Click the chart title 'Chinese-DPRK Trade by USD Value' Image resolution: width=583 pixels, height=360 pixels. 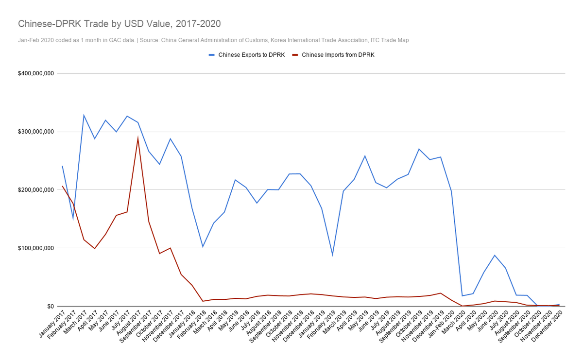[x=119, y=23]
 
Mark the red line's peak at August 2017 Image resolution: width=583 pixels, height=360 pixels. [x=138, y=138]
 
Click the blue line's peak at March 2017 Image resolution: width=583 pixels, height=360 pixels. [x=84, y=115]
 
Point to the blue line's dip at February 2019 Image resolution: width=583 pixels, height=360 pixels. [x=332, y=255]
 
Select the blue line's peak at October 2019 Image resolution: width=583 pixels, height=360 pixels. [x=419, y=149]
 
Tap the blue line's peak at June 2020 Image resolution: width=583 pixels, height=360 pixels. [x=495, y=255]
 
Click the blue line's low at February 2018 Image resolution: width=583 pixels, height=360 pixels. [x=203, y=247]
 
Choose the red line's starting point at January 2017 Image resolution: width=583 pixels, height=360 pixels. [x=62, y=186]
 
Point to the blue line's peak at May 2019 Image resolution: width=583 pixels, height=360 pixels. [x=365, y=156]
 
